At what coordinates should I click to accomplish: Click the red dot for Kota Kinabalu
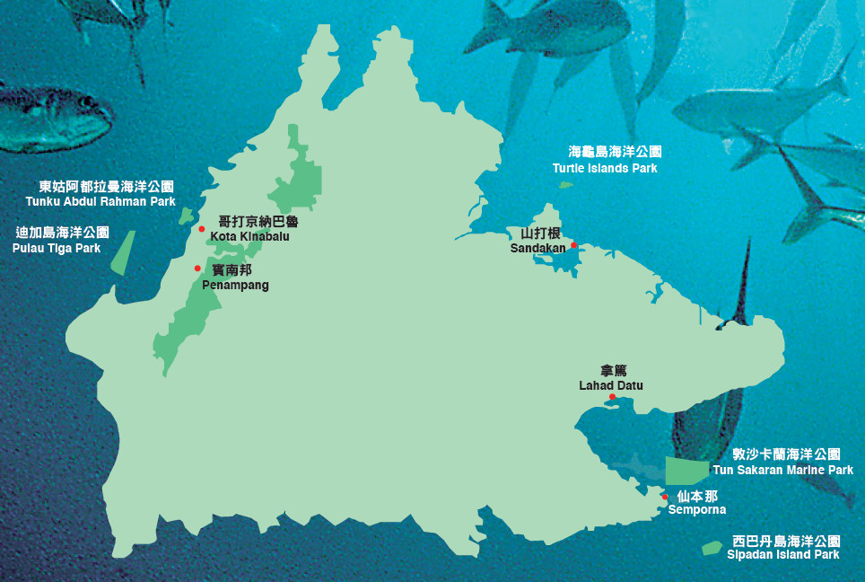coord(202,229)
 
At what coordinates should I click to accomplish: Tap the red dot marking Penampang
coord(197,268)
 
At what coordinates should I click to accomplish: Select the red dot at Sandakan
coord(573,245)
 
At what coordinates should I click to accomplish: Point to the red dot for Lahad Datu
coord(612,397)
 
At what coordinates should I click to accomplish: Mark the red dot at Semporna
coord(665,497)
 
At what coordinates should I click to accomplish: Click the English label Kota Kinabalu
coord(249,237)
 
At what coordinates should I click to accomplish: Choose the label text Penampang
coord(235,285)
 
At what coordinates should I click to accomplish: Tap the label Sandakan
coord(537,248)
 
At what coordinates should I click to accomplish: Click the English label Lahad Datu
coord(611,385)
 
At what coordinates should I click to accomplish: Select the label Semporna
coord(697,510)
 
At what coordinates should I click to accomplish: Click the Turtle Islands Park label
coord(605,168)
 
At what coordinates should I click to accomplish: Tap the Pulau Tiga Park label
coord(57,248)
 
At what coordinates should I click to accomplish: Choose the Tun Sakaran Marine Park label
coord(782,470)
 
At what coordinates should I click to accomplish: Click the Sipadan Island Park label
coord(783,554)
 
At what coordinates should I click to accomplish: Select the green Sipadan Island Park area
coord(712,547)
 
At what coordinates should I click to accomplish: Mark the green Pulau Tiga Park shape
coord(123,252)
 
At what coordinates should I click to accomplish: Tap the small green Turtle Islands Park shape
coord(565,185)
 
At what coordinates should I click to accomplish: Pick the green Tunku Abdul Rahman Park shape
coord(187,216)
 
